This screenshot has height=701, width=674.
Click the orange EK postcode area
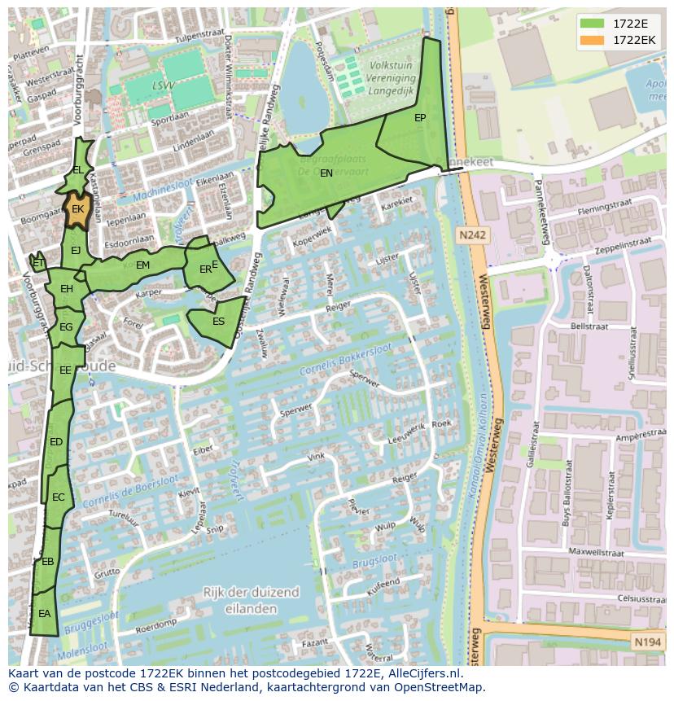pyautogui.click(x=77, y=208)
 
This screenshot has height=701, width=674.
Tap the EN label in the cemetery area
pyautogui.click(x=326, y=173)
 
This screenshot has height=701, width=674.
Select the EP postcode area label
pyautogui.click(x=420, y=118)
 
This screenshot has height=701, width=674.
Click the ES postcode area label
pyautogui.click(x=218, y=322)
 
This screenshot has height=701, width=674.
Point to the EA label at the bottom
pyautogui.click(x=44, y=614)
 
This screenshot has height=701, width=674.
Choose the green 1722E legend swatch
pyautogui.click(x=592, y=23)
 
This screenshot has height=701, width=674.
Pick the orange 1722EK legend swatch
pyautogui.click(x=592, y=40)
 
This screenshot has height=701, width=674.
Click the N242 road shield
pyautogui.click(x=471, y=235)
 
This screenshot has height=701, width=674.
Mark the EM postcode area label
pyautogui.click(x=142, y=265)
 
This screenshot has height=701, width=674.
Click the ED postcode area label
pyautogui.click(x=56, y=442)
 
